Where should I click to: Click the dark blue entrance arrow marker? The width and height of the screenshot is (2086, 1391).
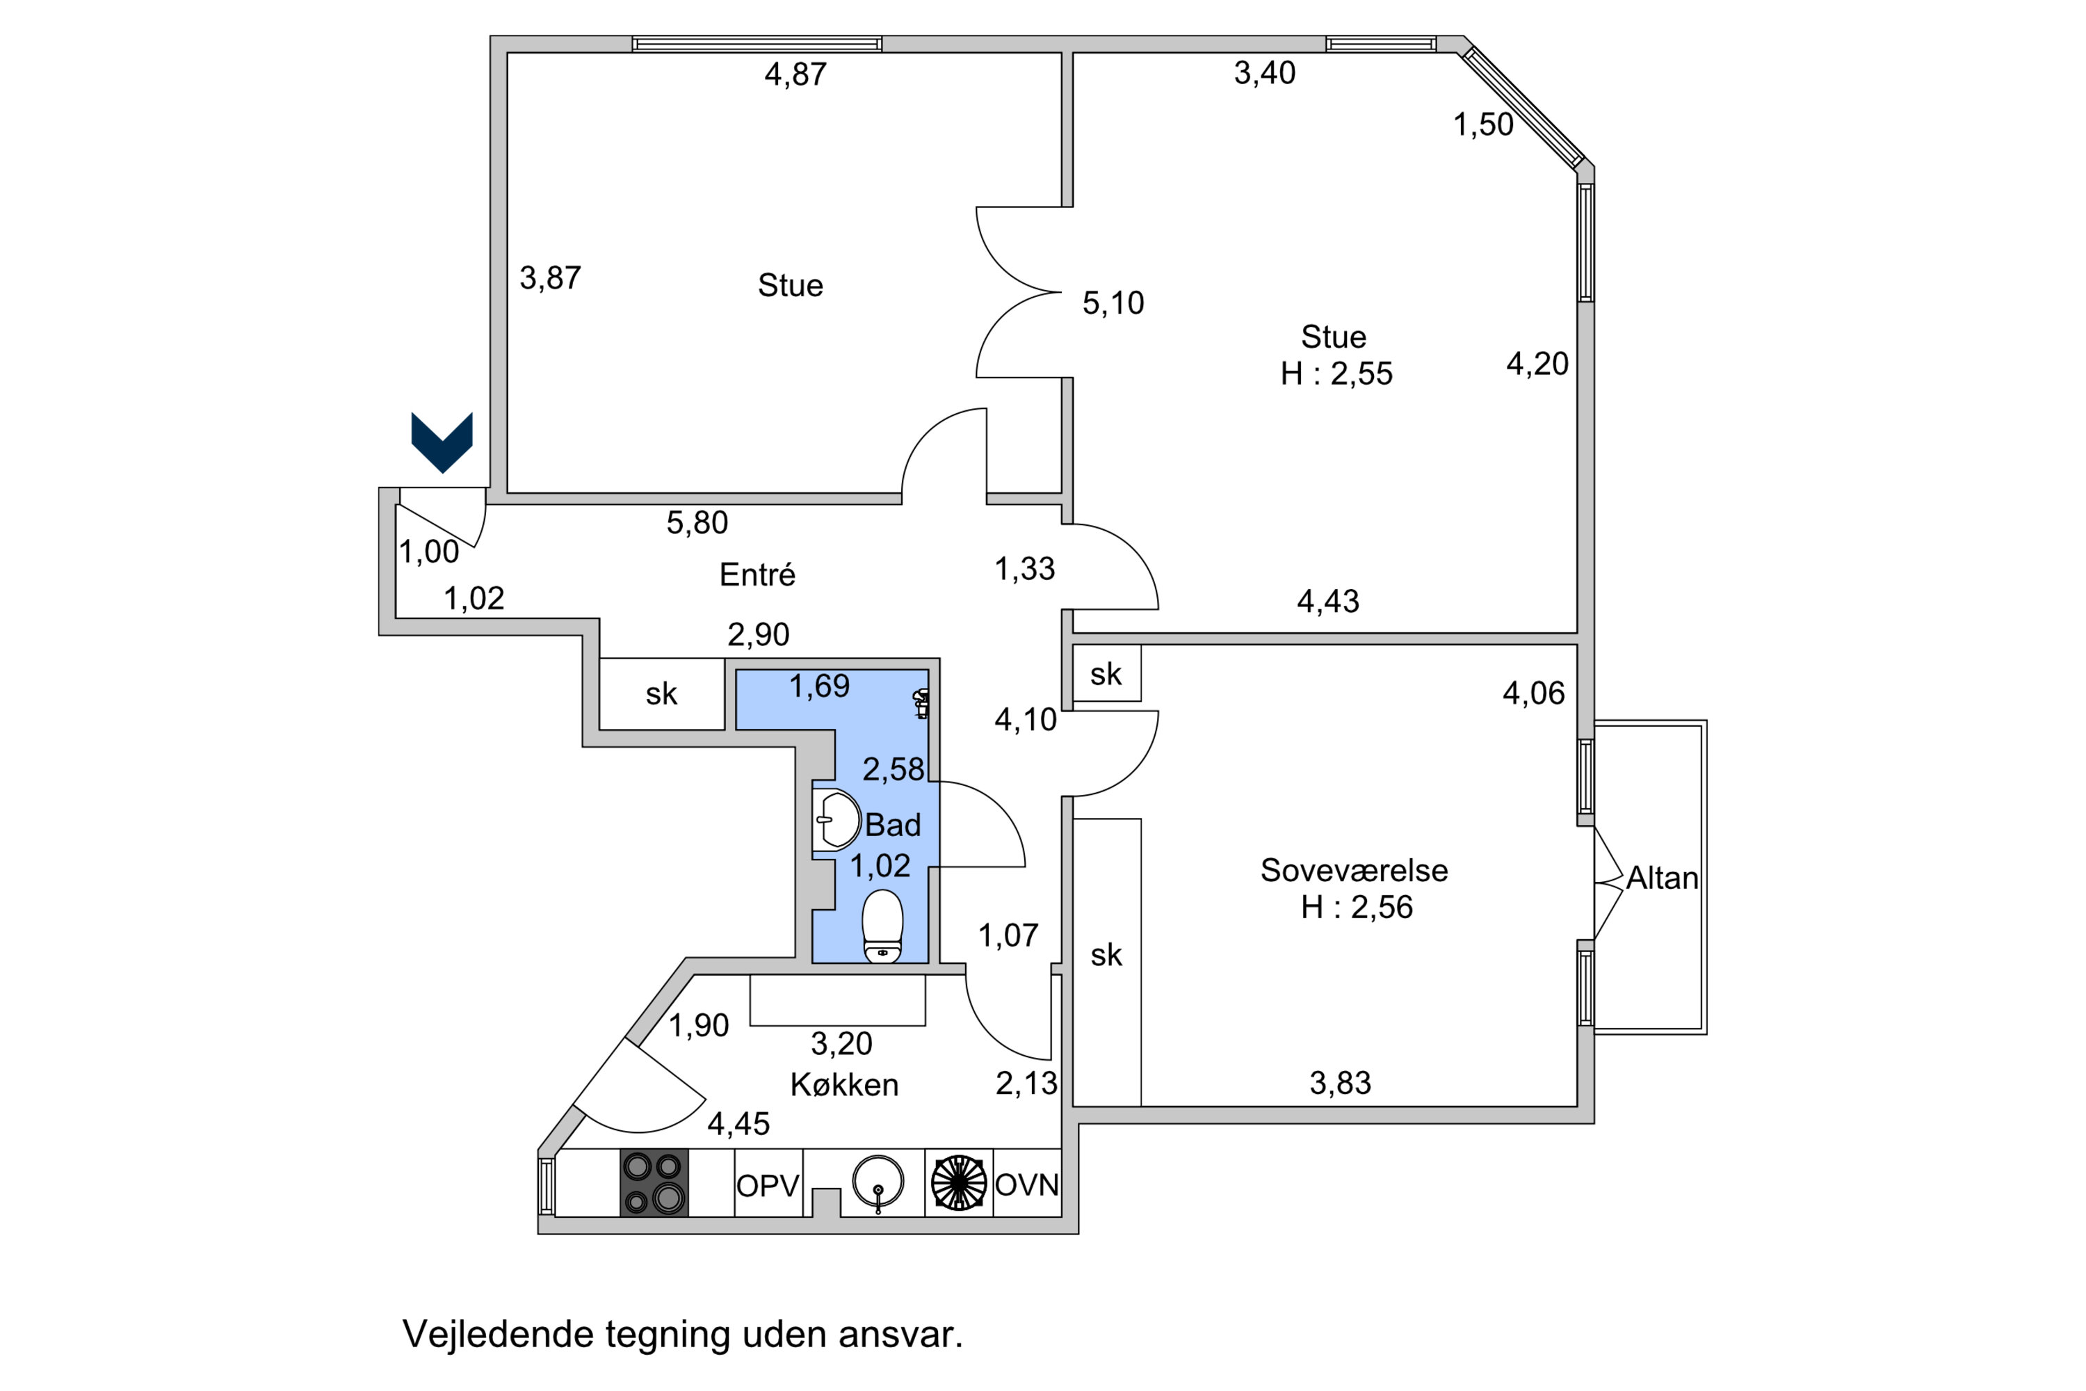[x=442, y=442]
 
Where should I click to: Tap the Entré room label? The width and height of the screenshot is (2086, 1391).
[x=757, y=575]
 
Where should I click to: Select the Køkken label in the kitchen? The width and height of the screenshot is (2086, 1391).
[x=844, y=1085]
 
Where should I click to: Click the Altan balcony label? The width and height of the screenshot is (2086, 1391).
[x=1662, y=878]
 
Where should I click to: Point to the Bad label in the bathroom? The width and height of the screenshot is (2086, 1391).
[x=893, y=825]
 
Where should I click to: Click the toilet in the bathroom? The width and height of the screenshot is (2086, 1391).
[x=882, y=927]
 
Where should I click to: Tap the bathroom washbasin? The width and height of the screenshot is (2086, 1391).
[x=836, y=821]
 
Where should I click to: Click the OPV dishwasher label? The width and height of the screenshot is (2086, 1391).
[x=768, y=1186]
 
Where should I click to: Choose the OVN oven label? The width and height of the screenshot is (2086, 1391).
[x=1027, y=1185]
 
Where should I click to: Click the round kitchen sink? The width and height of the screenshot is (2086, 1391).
[x=878, y=1182]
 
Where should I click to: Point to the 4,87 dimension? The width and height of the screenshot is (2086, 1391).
[x=795, y=74]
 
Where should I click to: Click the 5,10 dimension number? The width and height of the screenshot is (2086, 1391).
[x=1113, y=303]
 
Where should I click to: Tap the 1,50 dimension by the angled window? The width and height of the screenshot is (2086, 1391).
[x=1483, y=125]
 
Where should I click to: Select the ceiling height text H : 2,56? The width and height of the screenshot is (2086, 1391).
[x=1357, y=907]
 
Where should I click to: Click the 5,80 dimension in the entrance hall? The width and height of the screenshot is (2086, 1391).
[x=697, y=524]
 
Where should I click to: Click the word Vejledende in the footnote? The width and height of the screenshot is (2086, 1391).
[x=499, y=1334]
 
